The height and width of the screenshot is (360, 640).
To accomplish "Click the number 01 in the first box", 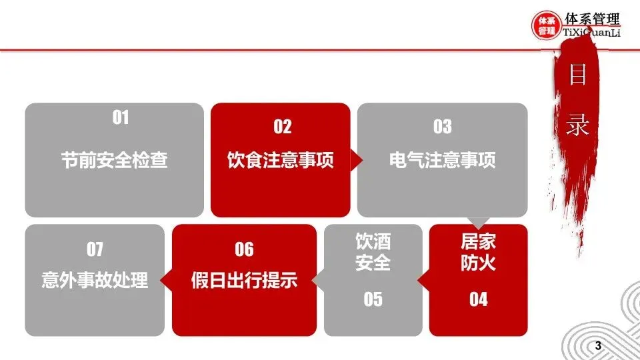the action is point(120,119).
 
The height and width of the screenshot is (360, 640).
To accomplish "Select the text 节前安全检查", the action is point(114,160).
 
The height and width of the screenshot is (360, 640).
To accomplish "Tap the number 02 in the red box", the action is point(282,127).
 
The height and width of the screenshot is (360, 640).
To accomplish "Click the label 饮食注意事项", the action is point(280,160).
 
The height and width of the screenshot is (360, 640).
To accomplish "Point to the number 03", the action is point(442,127).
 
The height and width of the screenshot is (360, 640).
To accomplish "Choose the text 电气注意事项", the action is point(442,160).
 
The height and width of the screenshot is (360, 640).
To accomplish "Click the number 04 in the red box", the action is point(478,299).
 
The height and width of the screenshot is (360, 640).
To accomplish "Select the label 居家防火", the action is point(478,252).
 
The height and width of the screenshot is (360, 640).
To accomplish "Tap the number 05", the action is point(373,299).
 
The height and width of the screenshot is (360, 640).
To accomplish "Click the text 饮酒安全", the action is point(373,252).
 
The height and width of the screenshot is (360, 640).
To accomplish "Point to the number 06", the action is point(244,249).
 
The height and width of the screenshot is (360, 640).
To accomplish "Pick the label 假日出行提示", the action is point(244,280).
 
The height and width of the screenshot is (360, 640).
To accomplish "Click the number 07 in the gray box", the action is point(95,249).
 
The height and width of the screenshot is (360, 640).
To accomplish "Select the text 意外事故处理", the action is point(95,280).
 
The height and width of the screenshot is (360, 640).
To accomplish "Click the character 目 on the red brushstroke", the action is point(577,75).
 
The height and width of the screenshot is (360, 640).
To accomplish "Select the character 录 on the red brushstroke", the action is point(577,125).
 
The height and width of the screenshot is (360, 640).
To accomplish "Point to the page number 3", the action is point(597,347).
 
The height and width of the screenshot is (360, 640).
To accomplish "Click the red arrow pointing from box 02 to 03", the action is point(356,160).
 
